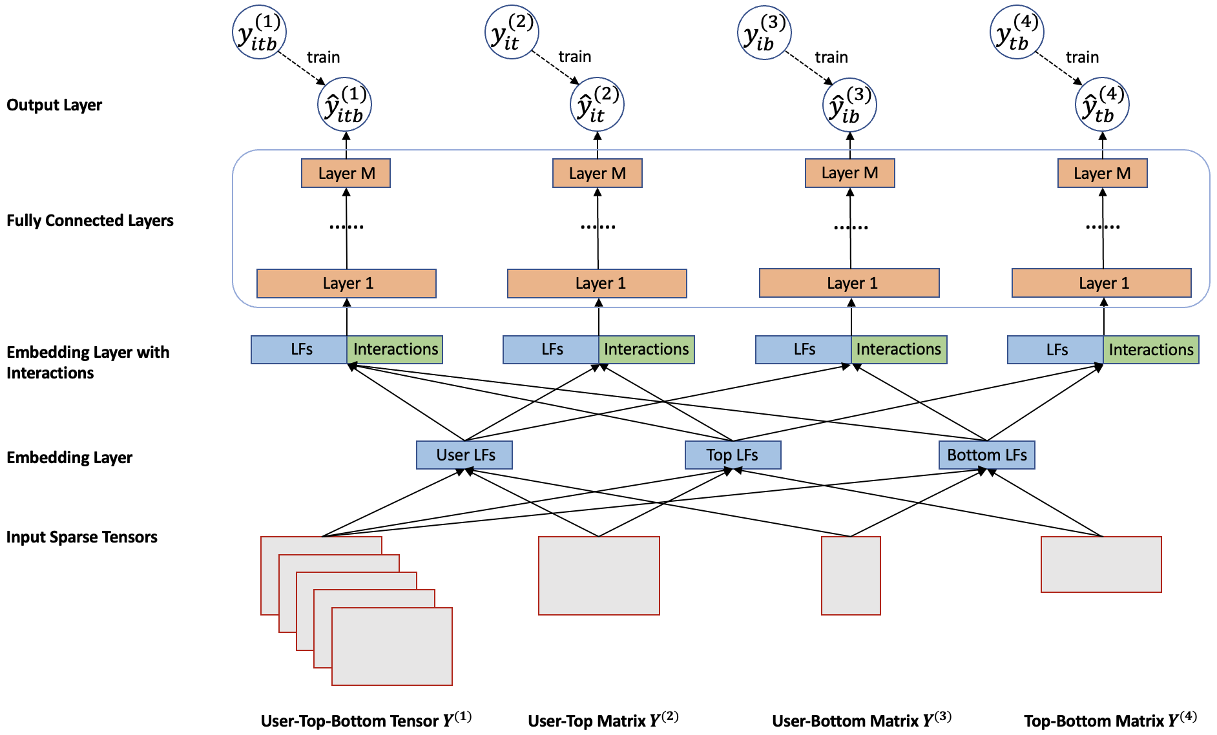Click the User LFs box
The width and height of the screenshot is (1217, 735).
464,455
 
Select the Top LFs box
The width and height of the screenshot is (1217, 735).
733,455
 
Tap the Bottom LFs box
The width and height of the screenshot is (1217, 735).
987,455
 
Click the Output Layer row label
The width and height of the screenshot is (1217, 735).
54,105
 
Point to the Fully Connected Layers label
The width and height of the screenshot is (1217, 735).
90,221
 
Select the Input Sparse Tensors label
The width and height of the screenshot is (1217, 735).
82,537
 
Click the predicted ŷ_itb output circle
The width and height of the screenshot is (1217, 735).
345,105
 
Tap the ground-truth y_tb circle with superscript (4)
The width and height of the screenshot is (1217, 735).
1017,32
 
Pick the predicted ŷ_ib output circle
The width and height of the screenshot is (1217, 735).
849,105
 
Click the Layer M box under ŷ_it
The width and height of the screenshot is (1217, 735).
598,173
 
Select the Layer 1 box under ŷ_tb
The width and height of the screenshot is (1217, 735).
1101,283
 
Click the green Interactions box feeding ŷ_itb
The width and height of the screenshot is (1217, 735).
395,349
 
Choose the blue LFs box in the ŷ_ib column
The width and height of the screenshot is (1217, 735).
804,349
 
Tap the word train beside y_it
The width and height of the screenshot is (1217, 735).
575,57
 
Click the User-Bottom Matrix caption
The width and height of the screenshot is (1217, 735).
862,719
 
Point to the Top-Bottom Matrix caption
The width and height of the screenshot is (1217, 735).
1110,719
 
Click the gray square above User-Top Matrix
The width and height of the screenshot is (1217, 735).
599,575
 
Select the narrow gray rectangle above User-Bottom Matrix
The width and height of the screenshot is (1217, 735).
851,575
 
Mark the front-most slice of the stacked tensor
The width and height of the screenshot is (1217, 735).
392,647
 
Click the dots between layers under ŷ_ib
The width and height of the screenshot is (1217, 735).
851,227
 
